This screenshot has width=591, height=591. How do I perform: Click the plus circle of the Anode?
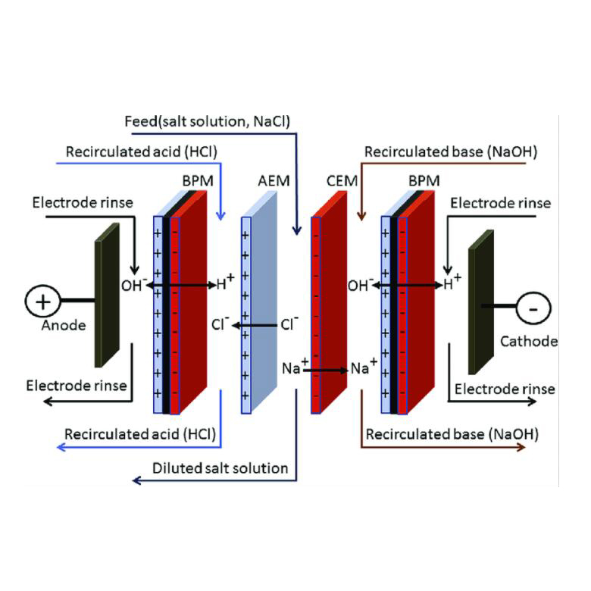pos(42,301)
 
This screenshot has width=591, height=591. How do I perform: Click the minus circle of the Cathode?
pos(534,308)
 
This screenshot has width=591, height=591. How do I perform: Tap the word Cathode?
pos(529,341)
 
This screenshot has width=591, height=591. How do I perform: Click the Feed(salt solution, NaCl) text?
pos(208,121)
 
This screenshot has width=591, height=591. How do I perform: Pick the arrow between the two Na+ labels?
pos(329,371)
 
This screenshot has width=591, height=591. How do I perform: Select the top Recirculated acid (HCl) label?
pos(142,152)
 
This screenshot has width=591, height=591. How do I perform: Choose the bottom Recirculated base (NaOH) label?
pos(452,435)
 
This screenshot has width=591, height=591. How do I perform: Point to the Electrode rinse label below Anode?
pos(77,386)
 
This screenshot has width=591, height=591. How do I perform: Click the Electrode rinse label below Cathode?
pos(505,389)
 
